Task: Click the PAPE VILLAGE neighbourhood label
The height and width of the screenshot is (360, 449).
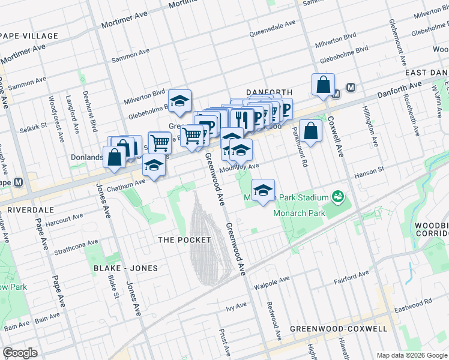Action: (x=29, y=36)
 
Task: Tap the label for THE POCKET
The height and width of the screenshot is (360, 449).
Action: (x=184, y=240)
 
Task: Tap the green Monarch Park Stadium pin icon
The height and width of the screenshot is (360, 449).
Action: (x=338, y=197)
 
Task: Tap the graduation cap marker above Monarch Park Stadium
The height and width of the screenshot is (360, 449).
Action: (x=263, y=190)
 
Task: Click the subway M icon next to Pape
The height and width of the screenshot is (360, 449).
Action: (x=19, y=182)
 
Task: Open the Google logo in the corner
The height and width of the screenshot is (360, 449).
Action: (x=20, y=353)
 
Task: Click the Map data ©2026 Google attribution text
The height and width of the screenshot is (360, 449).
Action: (x=411, y=355)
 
